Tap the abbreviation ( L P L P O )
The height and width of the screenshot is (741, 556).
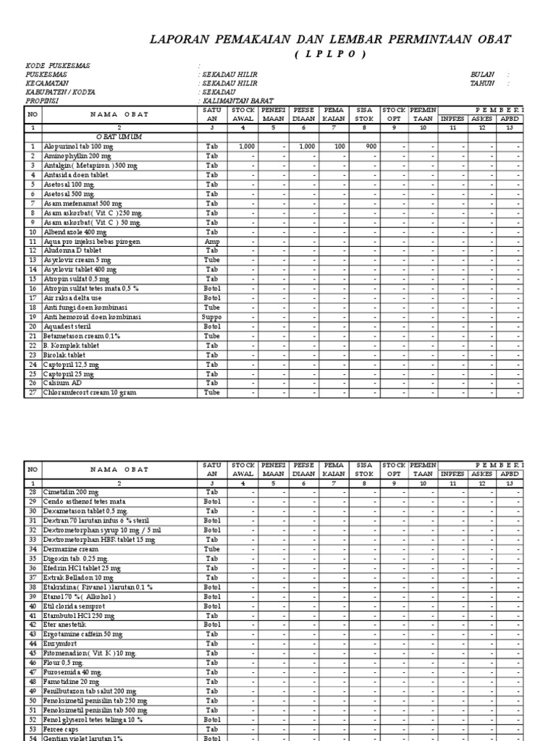330,55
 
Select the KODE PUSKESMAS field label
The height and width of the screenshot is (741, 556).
58,66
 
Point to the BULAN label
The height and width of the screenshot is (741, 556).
481,75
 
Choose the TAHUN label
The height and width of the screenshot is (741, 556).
482,83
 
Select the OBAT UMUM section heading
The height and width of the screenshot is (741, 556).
119,136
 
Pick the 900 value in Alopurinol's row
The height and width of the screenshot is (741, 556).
370,146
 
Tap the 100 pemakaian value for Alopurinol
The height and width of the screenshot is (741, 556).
340,146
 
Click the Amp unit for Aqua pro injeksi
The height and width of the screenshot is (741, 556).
211,241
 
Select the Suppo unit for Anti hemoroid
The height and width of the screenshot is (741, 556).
211,317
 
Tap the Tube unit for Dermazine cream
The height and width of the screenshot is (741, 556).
211,549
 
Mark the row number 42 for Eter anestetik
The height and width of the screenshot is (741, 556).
33,624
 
